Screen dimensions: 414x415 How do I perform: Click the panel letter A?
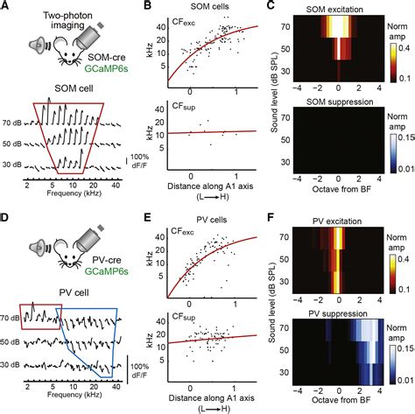[6, 7]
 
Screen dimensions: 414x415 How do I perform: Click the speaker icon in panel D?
[28, 251]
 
